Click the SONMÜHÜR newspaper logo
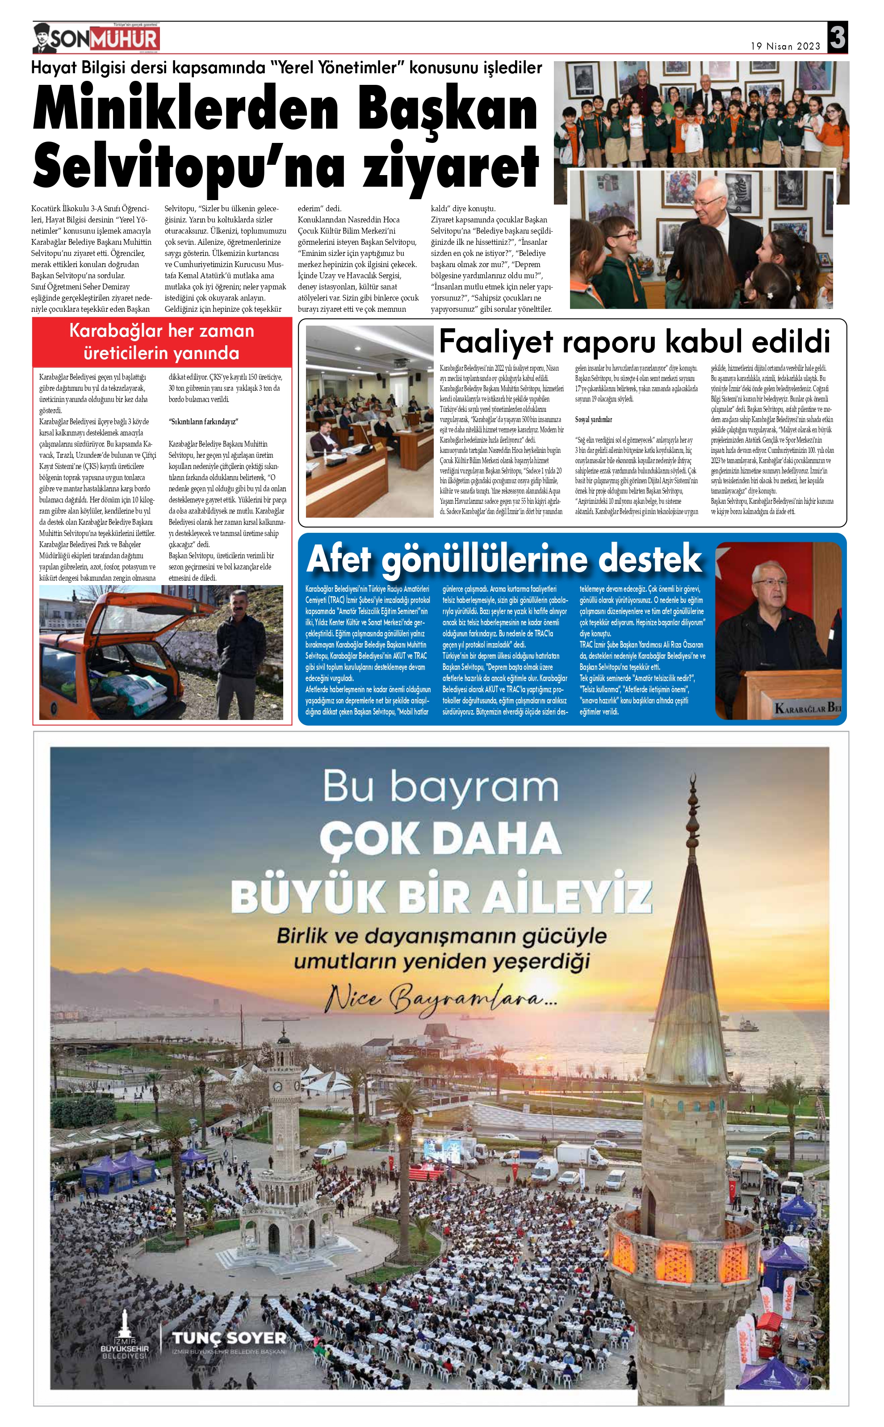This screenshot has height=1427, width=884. [x=96, y=38]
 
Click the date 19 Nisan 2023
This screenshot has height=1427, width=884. [x=785, y=46]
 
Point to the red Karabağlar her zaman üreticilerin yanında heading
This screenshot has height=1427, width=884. [x=162, y=342]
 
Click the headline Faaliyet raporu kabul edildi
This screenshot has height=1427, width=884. [x=634, y=341]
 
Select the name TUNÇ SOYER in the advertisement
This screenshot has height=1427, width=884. [x=229, y=1338]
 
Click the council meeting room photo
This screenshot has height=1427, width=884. [x=369, y=421]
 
